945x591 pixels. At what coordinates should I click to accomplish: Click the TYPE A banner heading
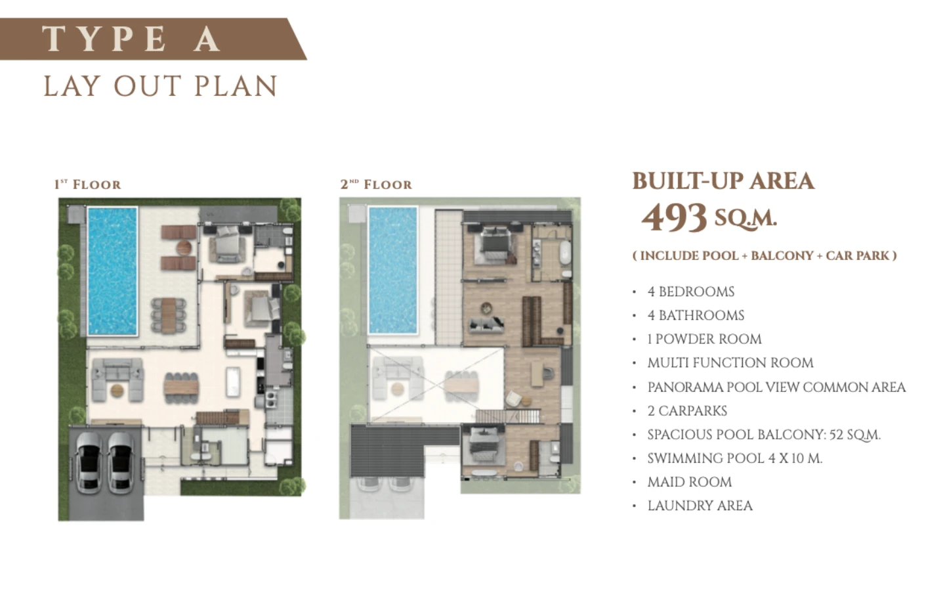[131, 39]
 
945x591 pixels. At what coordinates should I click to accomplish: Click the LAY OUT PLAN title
[160, 86]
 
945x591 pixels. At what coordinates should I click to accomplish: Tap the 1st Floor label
[88, 184]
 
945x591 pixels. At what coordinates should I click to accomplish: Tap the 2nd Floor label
[376, 184]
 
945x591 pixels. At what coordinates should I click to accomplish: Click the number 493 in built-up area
[674, 217]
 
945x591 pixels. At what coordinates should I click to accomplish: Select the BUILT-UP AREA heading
[723, 181]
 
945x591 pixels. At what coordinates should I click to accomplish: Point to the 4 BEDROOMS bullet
[691, 292]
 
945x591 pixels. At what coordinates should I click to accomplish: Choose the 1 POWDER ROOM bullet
[705, 339]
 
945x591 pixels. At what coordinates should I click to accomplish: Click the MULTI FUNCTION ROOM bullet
[730, 362]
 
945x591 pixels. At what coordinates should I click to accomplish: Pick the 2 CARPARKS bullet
[687, 411]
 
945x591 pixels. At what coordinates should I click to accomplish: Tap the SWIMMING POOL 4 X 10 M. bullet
[735, 458]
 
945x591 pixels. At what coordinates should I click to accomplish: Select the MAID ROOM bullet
[690, 482]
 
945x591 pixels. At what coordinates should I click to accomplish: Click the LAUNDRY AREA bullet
[700, 506]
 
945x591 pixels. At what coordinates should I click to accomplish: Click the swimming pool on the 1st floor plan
[112, 271]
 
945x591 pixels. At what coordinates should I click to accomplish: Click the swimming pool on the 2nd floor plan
[392, 270]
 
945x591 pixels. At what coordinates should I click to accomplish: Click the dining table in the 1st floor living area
[181, 387]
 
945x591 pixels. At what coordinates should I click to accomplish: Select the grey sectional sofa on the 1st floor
[117, 379]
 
